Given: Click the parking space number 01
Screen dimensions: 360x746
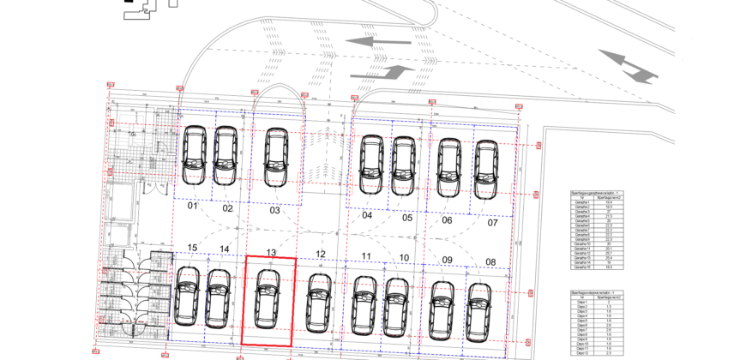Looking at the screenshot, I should click(193, 207).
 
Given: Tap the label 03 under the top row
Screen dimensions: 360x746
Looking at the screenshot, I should click(275, 210).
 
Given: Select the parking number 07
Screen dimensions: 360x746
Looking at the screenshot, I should click(492, 223).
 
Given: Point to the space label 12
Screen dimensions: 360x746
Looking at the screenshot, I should click(321, 254).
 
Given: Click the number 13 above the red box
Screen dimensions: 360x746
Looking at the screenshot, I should click(271, 252).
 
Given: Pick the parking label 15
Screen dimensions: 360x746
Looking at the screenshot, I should click(193, 249).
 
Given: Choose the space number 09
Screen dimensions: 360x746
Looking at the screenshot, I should click(447, 260).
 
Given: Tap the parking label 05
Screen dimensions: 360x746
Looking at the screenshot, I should click(407, 218).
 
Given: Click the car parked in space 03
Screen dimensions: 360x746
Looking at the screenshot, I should click(274, 157).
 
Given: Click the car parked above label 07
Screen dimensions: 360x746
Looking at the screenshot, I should click(486, 169).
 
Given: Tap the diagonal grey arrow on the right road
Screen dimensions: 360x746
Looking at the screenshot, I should click(628, 66).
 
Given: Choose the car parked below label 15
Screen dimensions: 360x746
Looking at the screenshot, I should click(186, 296).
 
